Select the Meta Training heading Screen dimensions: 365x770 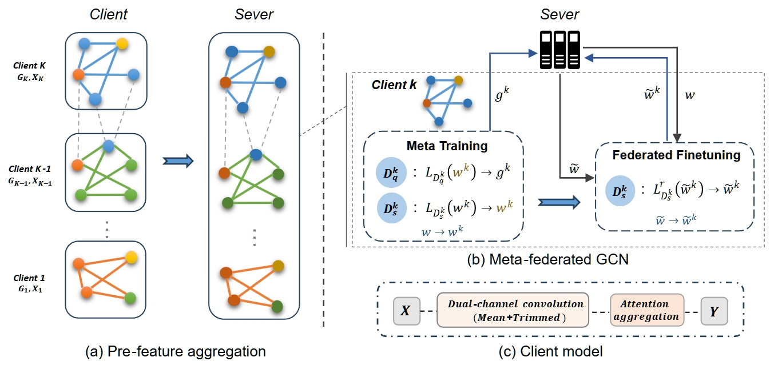447,146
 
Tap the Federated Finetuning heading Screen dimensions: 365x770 676,155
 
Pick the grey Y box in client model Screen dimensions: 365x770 714,311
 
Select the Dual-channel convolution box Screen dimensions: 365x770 513,311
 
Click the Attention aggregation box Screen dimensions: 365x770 647,311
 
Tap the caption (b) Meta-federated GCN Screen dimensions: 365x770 548,259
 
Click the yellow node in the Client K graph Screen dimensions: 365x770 121,43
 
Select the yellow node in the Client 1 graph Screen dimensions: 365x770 131,256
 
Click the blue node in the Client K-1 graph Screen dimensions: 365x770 108,147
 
